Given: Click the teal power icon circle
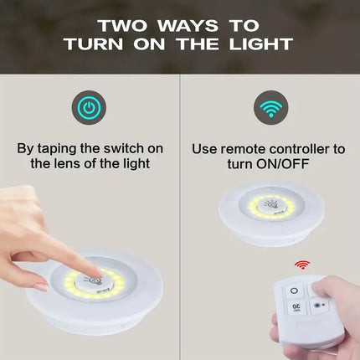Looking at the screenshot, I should (88, 108).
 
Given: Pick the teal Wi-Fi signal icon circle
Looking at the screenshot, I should (269, 108).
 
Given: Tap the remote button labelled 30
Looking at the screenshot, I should (296, 307).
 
